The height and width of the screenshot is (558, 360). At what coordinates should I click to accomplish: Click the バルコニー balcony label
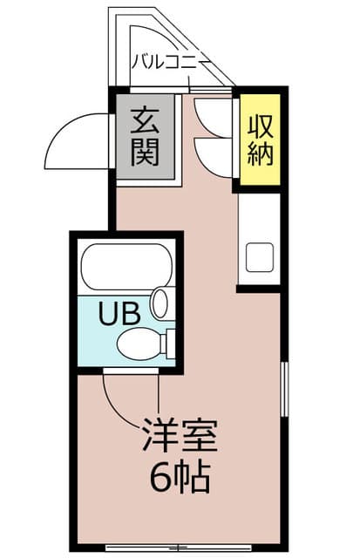169,62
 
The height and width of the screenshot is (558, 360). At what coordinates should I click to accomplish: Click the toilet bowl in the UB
141,343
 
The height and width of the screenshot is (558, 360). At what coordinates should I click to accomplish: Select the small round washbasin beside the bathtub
160,303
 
